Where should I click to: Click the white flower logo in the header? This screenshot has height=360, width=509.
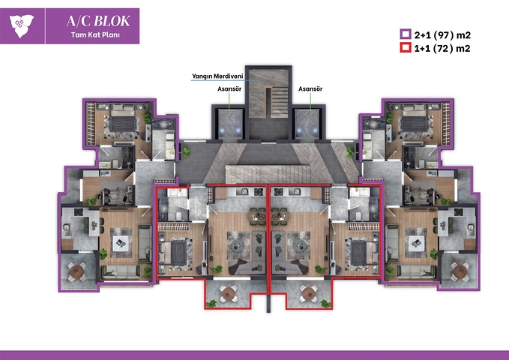pyautogui.click(x=20, y=25)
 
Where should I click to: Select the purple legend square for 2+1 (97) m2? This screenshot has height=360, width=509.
pyautogui.click(x=404, y=34)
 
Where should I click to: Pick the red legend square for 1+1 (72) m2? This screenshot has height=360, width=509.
pyautogui.click(x=404, y=48)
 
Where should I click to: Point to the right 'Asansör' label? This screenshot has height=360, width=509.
pyautogui.click(x=310, y=88)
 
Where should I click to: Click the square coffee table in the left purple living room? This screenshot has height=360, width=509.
pyautogui.click(x=118, y=243)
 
